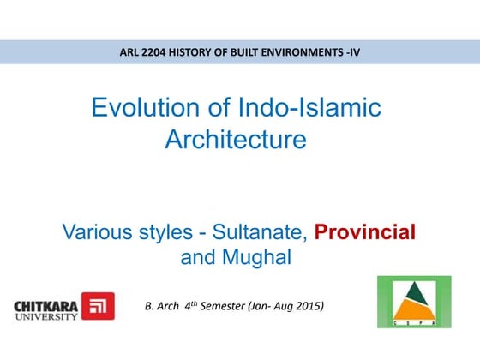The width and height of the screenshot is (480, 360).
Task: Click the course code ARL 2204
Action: (x=145, y=52)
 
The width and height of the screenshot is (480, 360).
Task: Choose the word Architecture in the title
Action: (x=235, y=139)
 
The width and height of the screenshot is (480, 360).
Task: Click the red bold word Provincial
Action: (x=364, y=231)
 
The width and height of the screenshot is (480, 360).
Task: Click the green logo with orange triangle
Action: (x=414, y=302)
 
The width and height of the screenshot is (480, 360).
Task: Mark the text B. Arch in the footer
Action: (x=164, y=305)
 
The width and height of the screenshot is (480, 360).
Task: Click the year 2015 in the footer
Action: (x=309, y=305)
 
